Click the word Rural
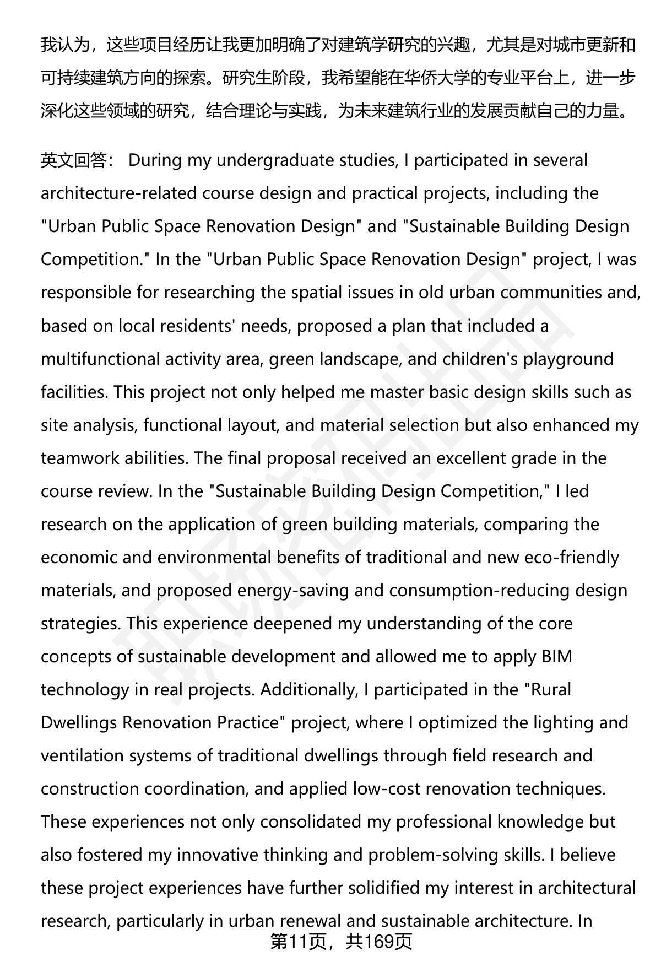point(551,689)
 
